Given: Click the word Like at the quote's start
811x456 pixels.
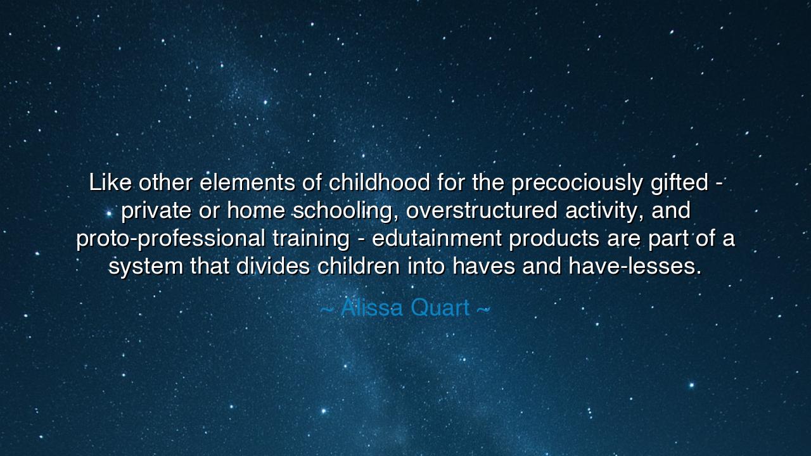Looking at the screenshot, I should (110, 183).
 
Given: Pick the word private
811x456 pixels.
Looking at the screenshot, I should (156, 211).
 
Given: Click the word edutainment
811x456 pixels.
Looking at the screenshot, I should (437, 239).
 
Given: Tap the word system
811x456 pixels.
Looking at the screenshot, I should (146, 267).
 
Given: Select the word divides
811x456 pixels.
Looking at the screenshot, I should (273, 267).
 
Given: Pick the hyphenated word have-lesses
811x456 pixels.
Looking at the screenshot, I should (635, 267).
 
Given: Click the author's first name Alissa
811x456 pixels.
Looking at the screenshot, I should (372, 308).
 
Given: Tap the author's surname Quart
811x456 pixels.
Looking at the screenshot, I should (440, 308).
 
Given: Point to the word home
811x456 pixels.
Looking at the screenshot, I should (256, 211).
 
